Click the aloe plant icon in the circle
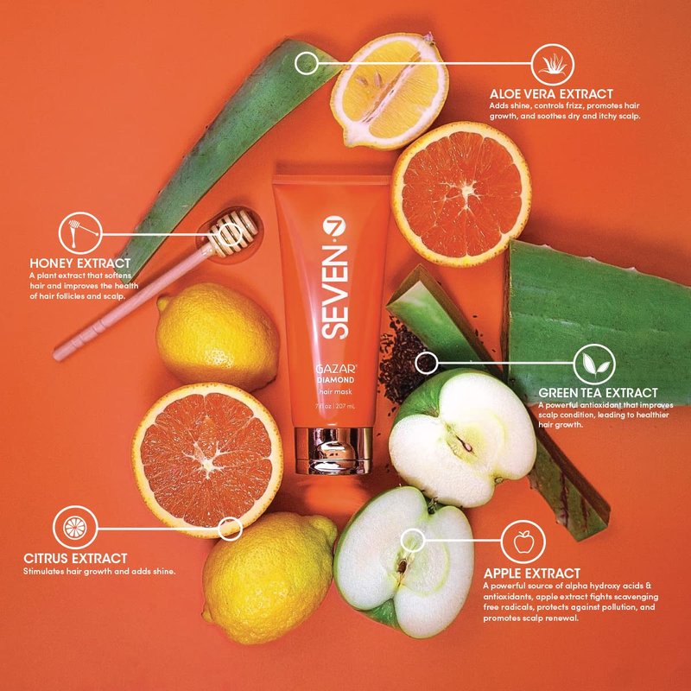coord(552,64)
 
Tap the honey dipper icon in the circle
coord(80,233)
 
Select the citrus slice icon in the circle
coord(75,528)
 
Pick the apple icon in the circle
coord(523,542)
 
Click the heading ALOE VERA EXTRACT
coord(551,94)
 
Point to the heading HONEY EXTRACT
coord(80,263)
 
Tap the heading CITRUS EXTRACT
coord(75,558)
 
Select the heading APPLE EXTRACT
coord(531,574)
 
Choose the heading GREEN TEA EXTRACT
coord(598,393)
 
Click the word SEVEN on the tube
coord(335,292)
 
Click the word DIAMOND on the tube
coord(335,380)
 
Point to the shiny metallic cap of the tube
coord(333,450)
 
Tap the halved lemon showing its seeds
coord(390,91)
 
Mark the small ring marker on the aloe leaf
coord(306,63)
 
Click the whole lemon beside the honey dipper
coord(218,336)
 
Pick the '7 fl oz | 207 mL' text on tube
coord(335,406)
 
